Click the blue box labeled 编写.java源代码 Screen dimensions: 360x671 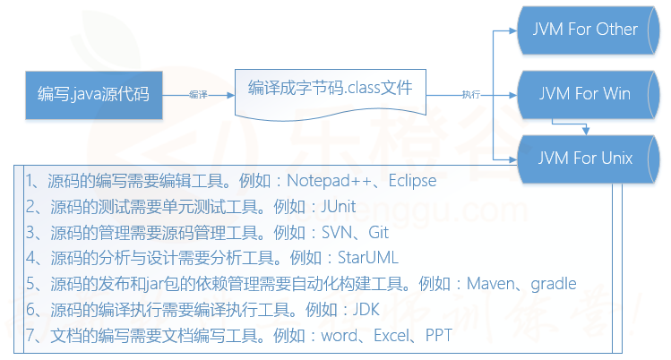coord(92,93)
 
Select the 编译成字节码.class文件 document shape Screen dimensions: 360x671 coord(330,90)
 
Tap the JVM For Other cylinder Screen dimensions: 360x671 coord(584,30)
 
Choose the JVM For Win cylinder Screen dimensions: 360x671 coord(584,93)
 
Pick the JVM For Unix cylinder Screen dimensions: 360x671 coord(584,159)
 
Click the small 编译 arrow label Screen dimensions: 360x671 coord(198,94)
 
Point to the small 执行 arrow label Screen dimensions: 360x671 coord(470,94)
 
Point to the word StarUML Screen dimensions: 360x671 coord(367,258)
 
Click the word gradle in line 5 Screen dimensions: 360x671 coord(554,284)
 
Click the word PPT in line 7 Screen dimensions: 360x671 coord(438,336)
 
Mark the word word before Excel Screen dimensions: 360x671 coord(332,336)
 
